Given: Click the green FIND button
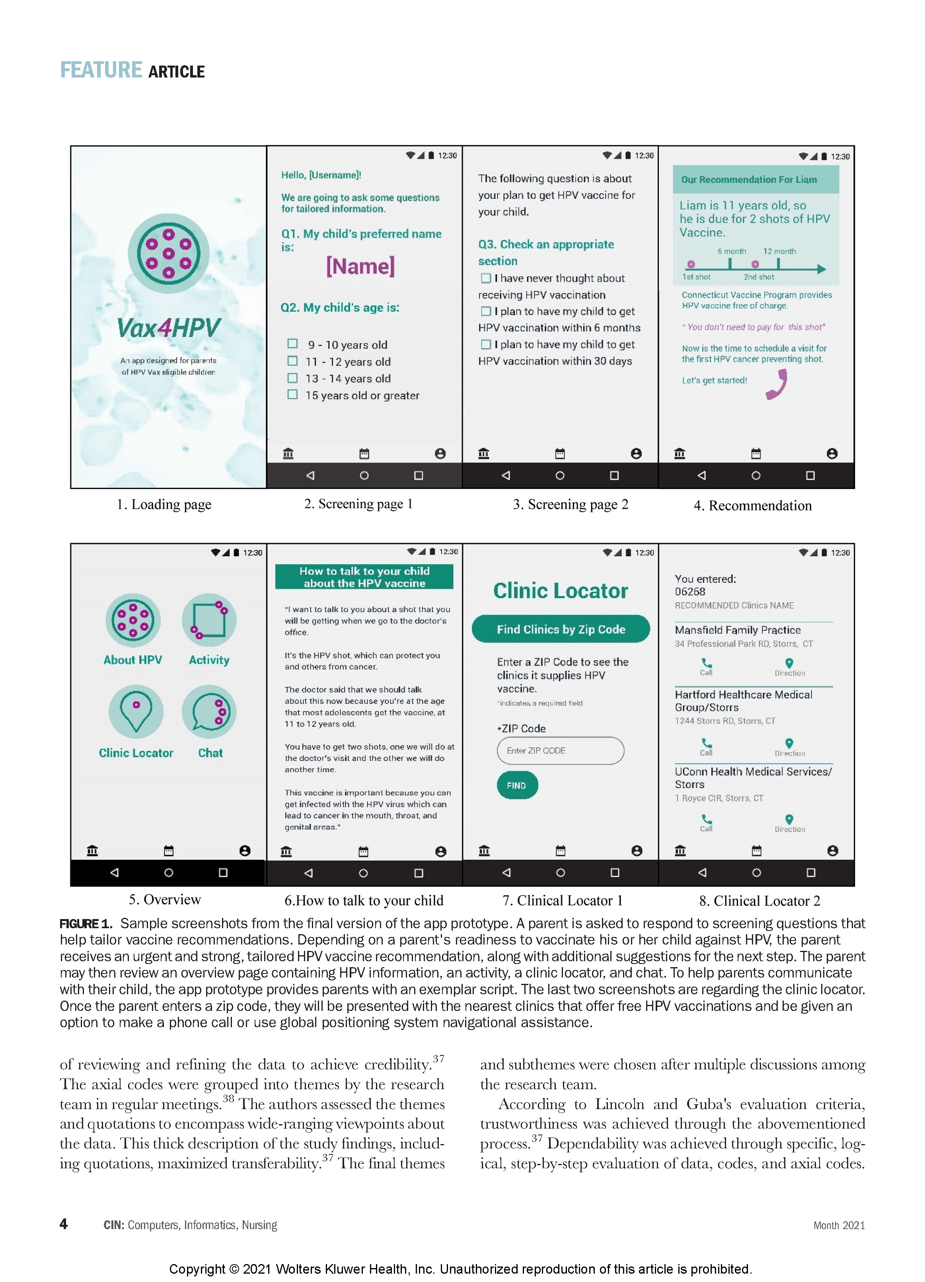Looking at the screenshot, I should pos(516,785).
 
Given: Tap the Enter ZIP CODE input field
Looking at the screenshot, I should pos(560,751).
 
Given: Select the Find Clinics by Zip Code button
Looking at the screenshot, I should pos(561,629).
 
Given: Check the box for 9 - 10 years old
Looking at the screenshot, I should pos(292,344).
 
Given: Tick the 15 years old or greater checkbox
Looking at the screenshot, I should pos(292,395).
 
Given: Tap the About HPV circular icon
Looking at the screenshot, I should pos(133,620).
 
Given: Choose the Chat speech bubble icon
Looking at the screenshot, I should pos(209,712).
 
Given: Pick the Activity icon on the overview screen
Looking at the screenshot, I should pos(209,620).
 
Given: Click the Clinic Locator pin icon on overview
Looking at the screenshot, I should pos(136,712).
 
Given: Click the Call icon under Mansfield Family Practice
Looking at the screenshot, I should pos(707,663).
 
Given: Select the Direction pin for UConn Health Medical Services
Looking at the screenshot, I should pos(789,820).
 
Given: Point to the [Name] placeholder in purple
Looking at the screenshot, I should pos(360,266).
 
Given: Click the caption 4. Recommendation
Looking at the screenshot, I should pos(752,505).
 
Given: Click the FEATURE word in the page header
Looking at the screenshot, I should pos(101,70).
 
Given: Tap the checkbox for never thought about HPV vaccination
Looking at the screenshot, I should pos(485,278).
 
